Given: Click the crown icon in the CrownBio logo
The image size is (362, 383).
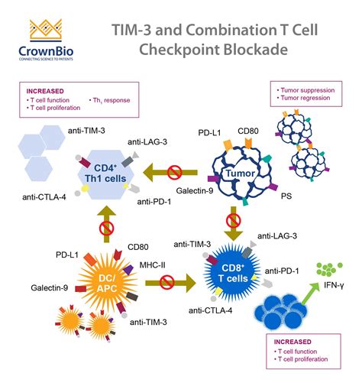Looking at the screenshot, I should [39, 29].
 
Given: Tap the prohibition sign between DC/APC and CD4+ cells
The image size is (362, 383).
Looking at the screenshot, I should [107, 229].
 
